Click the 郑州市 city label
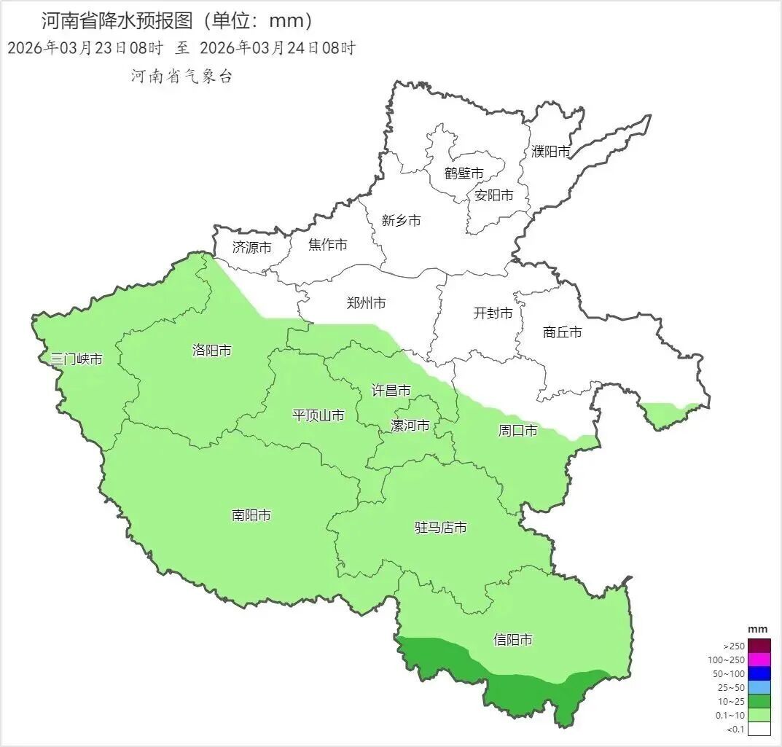(x=366, y=303)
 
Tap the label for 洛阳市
(x=211, y=351)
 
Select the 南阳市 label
(x=251, y=515)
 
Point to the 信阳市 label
(x=512, y=640)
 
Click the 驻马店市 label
(x=440, y=527)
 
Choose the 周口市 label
(x=517, y=431)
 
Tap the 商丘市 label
(x=563, y=332)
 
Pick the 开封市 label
(x=493, y=313)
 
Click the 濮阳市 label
(x=550, y=152)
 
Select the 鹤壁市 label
(x=464, y=173)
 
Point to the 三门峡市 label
(x=77, y=359)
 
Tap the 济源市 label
(x=251, y=248)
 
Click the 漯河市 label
(x=410, y=426)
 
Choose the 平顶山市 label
(x=318, y=415)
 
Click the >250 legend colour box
(x=759, y=646)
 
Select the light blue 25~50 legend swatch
(x=759, y=687)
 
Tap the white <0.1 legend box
(x=759, y=728)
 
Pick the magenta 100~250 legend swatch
(x=759, y=660)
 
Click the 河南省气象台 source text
(x=181, y=77)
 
